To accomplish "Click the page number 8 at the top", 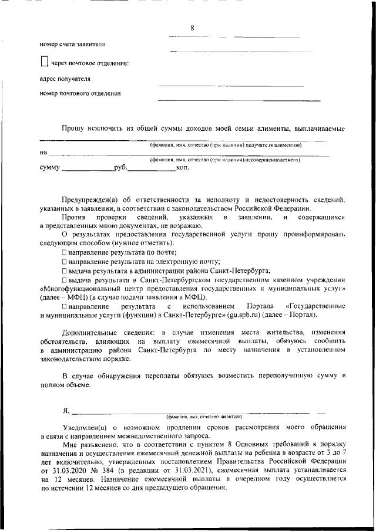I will click(192, 28).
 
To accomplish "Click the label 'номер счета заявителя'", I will click(73, 44).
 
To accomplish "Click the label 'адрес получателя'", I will click(65, 78).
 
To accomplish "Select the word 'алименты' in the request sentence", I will click(282, 128).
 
